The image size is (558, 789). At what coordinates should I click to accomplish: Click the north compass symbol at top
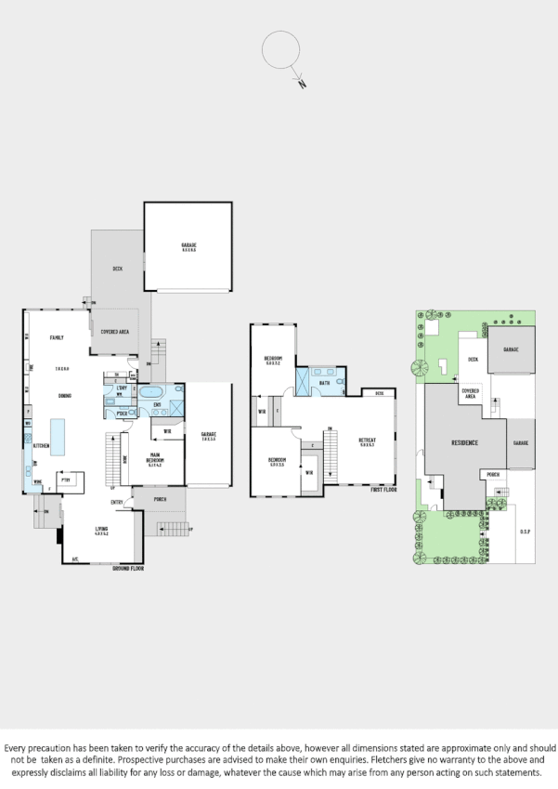point(281,52)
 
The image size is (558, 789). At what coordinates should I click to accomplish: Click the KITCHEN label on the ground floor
point(39,446)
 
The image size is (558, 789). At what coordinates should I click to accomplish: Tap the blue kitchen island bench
point(58,436)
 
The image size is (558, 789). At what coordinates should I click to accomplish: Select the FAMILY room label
point(55,338)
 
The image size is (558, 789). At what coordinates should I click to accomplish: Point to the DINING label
point(65,397)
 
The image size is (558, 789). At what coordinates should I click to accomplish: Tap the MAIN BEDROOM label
point(157,459)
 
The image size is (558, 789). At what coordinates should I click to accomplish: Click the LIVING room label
point(102,531)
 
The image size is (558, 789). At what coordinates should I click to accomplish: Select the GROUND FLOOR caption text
point(128,567)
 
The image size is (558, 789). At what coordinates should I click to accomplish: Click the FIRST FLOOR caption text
point(384,488)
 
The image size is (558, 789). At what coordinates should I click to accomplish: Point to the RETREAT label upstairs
point(368,443)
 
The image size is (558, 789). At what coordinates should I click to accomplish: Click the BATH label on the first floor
point(324,383)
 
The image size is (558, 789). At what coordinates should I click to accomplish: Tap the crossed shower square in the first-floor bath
point(303,381)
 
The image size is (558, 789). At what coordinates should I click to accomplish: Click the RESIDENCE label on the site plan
point(464,442)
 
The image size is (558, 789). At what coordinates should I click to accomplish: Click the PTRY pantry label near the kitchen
point(66,480)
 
